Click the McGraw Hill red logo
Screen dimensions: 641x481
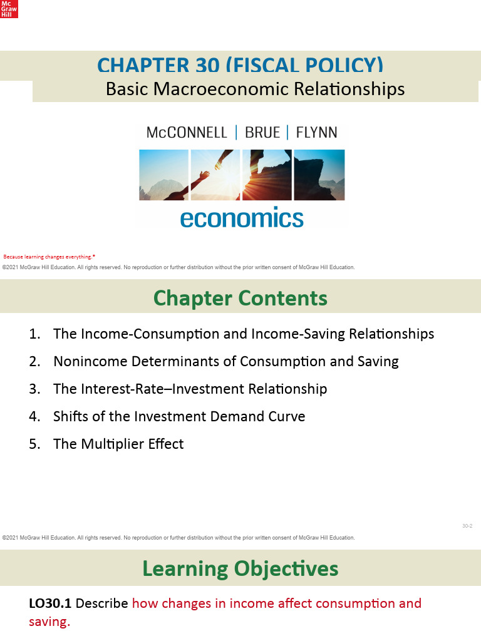pos(9,9)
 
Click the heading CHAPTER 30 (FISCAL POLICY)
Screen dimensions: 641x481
pos(240,66)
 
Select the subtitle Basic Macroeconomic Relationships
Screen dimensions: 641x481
pos(255,90)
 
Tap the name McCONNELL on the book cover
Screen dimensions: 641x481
pos(186,132)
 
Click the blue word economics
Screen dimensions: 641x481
pos(242,218)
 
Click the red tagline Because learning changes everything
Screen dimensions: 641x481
pos(49,257)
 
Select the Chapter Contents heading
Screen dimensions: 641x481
pos(240,298)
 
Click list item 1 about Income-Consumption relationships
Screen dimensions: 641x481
pos(243,334)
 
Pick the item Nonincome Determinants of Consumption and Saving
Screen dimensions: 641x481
pos(225,361)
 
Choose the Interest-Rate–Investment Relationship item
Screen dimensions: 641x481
pos(190,389)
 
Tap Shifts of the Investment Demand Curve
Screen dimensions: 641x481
pos(179,416)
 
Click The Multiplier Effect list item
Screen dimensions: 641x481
pos(118,444)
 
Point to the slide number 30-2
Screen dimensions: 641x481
pos(467,526)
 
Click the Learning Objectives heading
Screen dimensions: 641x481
pos(240,568)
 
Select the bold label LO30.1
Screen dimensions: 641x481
pos(50,604)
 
